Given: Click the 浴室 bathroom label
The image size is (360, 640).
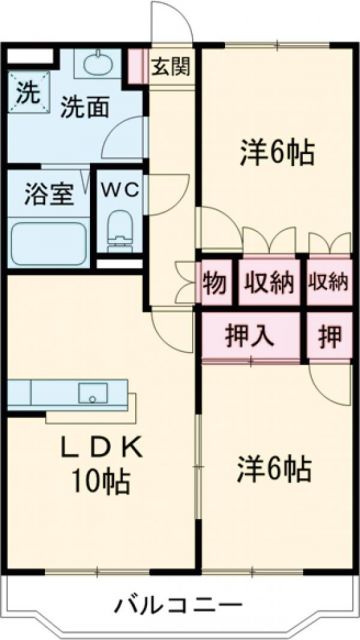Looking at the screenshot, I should coord(48,192).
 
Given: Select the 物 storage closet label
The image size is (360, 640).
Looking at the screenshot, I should coord(215,281).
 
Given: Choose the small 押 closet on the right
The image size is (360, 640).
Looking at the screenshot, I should coord(329,334).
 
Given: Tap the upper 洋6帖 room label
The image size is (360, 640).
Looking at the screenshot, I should coord(276,153).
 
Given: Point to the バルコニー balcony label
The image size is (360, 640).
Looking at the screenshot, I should coord(177,606).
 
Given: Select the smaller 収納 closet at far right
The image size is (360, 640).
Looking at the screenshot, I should coord(328,281).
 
